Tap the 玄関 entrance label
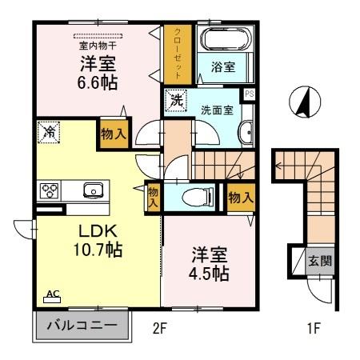(x=319, y=260)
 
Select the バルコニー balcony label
(x=81, y=326)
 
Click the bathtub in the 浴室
(x=224, y=41)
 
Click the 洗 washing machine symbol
(x=175, y=102)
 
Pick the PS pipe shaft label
(x=250, y=94)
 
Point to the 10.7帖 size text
(x=99, y=250)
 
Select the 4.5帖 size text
(x=210, y=274)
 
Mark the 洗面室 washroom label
(x=217, y=110)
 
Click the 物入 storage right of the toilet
(x=240, y=196)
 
